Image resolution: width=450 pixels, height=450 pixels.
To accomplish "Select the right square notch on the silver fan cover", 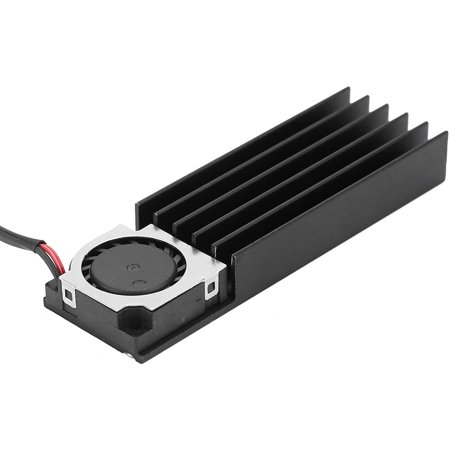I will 211,289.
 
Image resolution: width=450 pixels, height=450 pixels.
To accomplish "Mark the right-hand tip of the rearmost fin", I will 346,92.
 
